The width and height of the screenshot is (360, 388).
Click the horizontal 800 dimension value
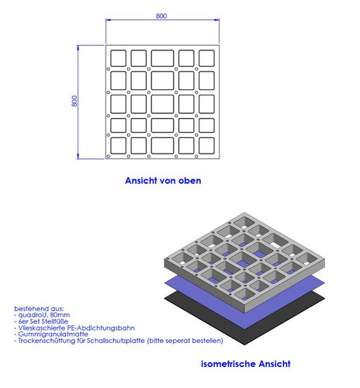(x=161, y=16)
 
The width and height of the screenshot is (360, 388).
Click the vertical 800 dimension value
(x=74, y=101)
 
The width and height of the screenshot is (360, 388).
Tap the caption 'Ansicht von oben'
(x=163, y=181)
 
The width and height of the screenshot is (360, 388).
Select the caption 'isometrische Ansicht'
(x=246, y=364)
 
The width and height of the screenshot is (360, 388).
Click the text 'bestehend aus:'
(x=39, y=309)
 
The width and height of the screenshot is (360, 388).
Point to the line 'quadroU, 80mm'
(x=42, y=315)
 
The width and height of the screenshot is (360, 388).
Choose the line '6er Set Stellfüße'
(x=41, y=321)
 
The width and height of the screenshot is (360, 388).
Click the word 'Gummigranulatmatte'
(x=54, y=334)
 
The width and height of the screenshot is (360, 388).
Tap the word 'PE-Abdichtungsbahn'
(x=101, y=328)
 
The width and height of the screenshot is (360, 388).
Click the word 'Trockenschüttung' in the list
(x=47, y=341)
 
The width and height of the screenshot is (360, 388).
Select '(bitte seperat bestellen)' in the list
(x=185, y=341)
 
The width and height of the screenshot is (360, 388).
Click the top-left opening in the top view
(x=119, y=58)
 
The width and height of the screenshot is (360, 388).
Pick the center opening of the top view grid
(x=162, y=104)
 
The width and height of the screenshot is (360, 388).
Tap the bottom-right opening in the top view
(x=206, y=146)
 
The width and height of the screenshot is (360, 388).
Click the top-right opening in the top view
(x=206, y=58)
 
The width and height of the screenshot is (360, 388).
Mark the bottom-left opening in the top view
(x=119, y=146)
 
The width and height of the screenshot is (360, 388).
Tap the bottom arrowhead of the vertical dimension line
(x=78, y=157)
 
